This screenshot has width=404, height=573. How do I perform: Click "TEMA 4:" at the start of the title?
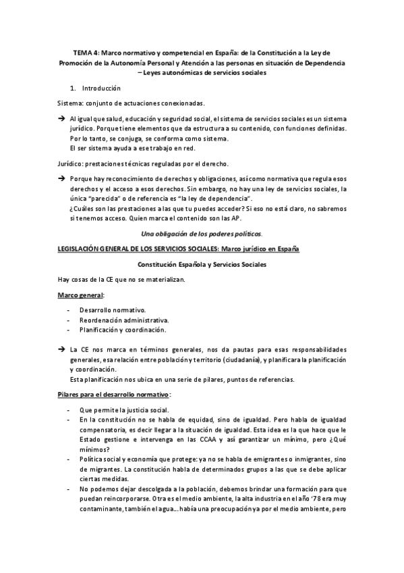pyautogui.click(x=85, y=52)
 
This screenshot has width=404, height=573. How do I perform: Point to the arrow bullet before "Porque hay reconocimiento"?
pyautogui.click(x=59, y=178)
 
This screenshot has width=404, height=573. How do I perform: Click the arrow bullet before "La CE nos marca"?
pyautogui.click(x=59, y=350)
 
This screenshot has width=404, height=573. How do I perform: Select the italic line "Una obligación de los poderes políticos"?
pyautogui.click(x=201, y=233)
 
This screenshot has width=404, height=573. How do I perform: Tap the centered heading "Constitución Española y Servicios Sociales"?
pyautogui.click(x=201, y=264)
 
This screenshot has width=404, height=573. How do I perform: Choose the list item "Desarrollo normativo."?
pyautogui.click(x=109, y=309)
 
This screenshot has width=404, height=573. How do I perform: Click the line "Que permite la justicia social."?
pyautogui.click(x=124, y=409)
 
